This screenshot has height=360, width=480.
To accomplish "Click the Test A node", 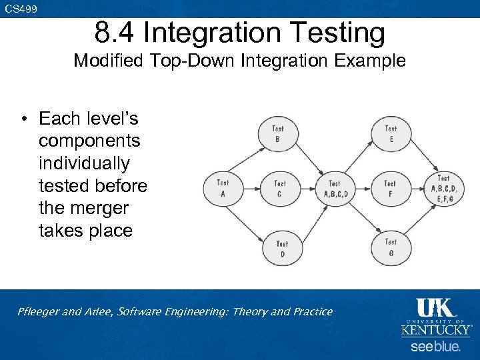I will point(223,188).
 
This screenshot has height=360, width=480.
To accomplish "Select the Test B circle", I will point(277,133).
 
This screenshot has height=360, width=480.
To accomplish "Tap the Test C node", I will point(279,188).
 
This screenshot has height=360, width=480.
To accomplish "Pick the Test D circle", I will point(282,248).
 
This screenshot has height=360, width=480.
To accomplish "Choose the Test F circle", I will point(390,188).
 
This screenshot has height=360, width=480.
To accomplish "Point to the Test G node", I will point(391,247).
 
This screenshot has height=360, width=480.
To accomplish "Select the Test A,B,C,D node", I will point(334,188).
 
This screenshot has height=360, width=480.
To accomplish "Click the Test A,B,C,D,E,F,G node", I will point(443,188).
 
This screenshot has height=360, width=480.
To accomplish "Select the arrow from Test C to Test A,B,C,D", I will point(307,188).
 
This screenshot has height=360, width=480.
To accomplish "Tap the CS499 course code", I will point(21,9).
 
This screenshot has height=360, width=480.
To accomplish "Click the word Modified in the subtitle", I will point(107,61).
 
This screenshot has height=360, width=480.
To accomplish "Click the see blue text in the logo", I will point(435,347).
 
